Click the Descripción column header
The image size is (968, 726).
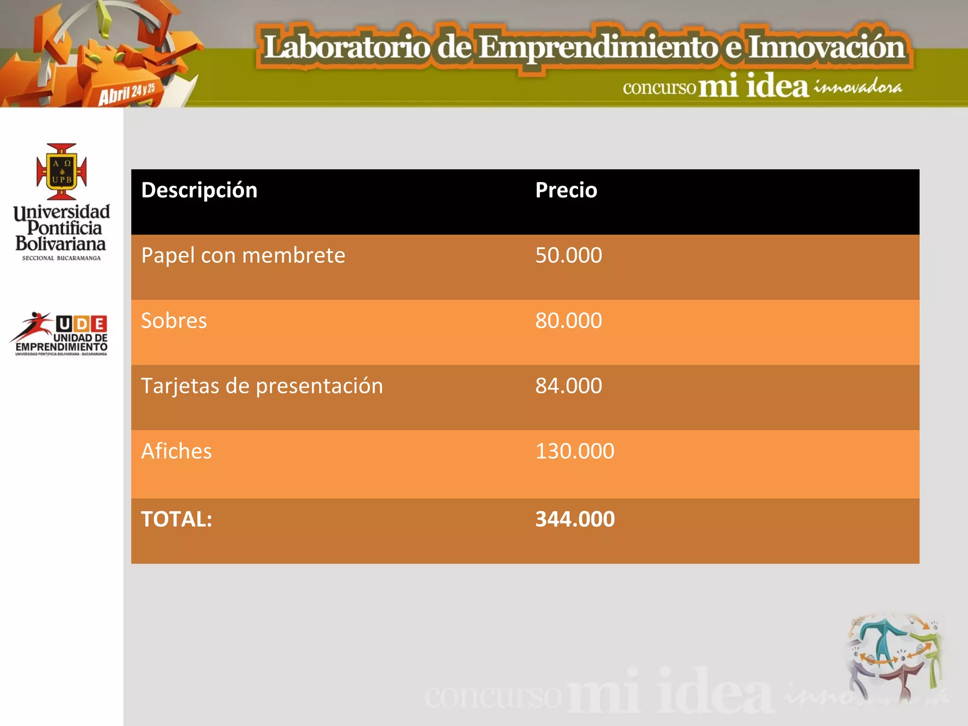coord(199,190)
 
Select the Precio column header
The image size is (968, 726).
coord(566,190)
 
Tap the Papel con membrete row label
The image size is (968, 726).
coord(243,256)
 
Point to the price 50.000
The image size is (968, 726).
coord(568,256)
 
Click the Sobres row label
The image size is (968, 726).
coord(174,321)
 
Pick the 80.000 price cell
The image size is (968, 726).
coord(568,321)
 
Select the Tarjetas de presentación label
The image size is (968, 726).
coord(262,386)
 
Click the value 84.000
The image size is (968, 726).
coord(568,386)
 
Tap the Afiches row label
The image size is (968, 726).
coord(176,451)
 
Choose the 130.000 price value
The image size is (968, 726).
coord(574,451)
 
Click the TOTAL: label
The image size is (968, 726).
coord(176,519)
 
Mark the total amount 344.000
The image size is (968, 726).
coord(575,519)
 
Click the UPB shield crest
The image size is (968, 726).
coord(62,172)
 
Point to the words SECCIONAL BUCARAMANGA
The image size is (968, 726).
coord(61,258)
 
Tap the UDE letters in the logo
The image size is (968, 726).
coord(81,324)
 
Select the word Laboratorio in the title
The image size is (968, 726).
coord(346,47)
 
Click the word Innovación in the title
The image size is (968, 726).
coord(826,47)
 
